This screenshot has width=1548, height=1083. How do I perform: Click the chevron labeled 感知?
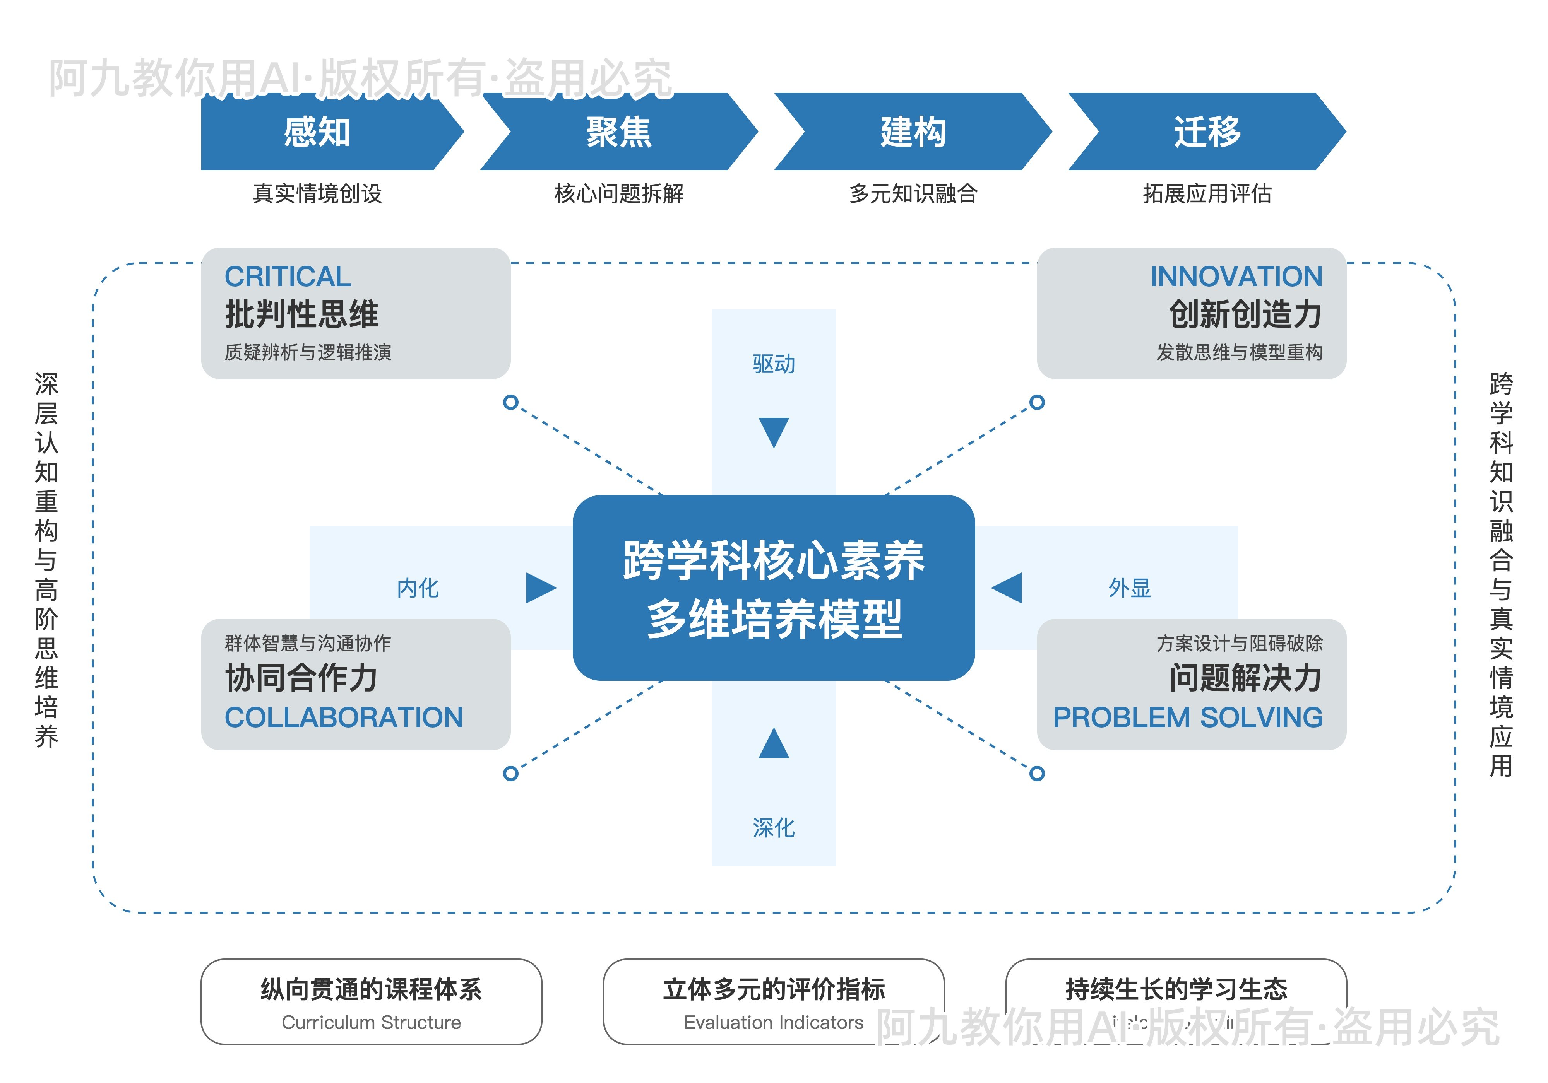[317, 132]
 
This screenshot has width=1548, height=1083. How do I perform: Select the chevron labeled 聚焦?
[618, 132]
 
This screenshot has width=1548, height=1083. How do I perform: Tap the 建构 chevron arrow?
[913, 132]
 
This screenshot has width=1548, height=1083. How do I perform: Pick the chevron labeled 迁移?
[1207, 132]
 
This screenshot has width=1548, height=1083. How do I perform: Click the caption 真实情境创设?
[317, 194]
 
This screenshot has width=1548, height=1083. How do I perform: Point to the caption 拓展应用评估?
[1207, 194]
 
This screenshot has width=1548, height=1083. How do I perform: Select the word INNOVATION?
[1236, 276]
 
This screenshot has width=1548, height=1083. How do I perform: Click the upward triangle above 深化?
[773, 744]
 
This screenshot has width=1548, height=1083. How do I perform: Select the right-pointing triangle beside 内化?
[540, 588]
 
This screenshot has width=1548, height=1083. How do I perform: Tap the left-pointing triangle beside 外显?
[1008, 588]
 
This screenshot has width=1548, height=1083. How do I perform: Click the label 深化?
[773, 828]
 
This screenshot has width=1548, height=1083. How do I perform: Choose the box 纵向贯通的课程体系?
[371, 1001]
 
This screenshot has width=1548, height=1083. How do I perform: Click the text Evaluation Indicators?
[773, 1022]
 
